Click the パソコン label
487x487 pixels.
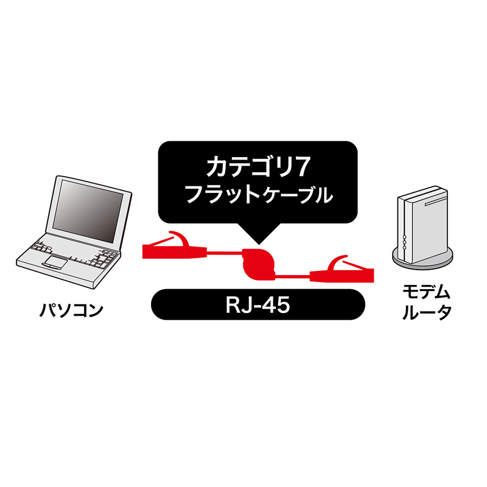pos(72,311)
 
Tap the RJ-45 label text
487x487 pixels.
pos(256,304)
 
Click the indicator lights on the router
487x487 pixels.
pos(403,242)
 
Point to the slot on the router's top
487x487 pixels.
pos(433,196)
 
